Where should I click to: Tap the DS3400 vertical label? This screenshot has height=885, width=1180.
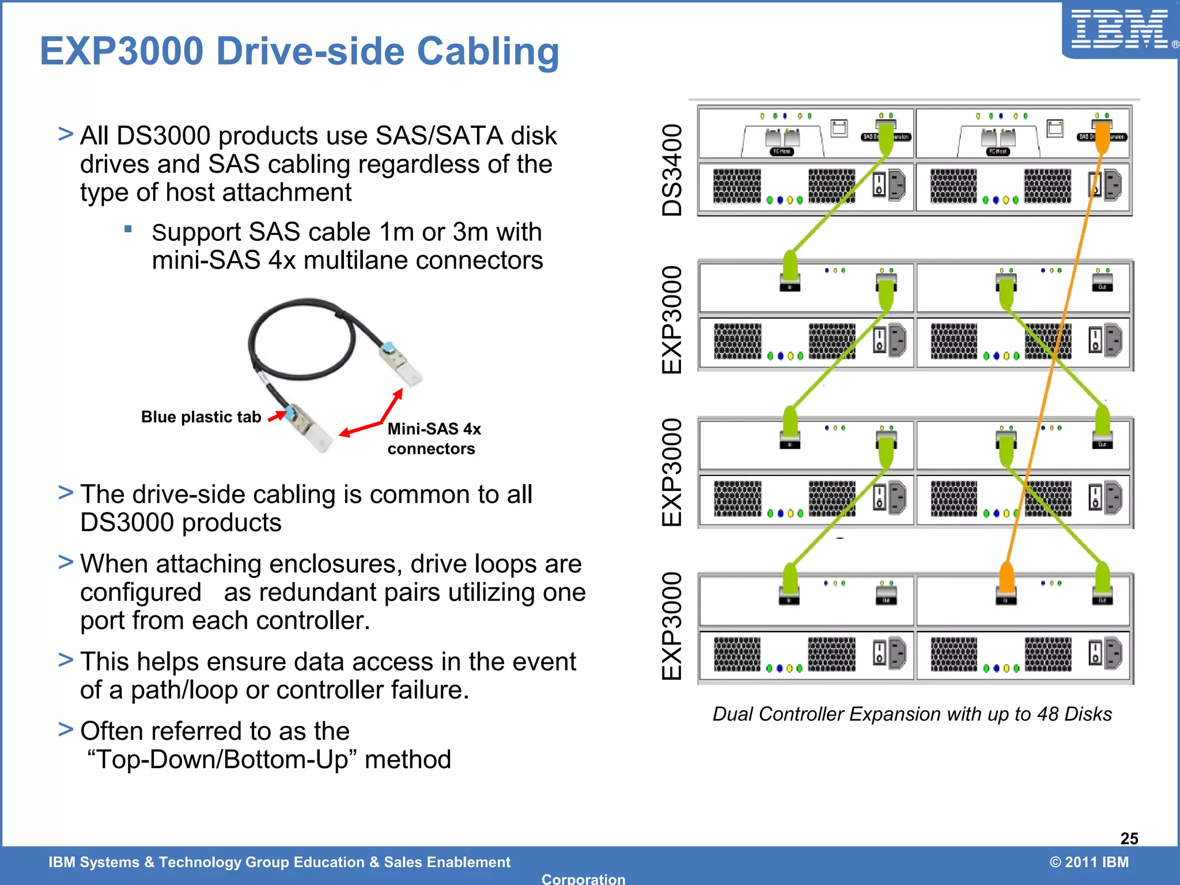point(672,170)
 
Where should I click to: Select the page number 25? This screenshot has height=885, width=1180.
point(1129,838)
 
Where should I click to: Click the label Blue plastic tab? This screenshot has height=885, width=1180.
point(201,417)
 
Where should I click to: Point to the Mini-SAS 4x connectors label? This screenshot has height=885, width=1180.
point(433,438)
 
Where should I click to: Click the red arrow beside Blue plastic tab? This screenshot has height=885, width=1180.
point(277,415)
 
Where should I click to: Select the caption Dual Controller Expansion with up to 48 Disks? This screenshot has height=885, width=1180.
point(912,714)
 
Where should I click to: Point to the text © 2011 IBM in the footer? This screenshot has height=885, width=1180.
point(1088,862)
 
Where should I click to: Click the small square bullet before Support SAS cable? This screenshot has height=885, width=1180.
point(128,229)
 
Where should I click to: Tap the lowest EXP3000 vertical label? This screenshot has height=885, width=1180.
point(672,626)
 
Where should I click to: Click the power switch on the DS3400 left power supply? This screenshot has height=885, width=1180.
point(879,185)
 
